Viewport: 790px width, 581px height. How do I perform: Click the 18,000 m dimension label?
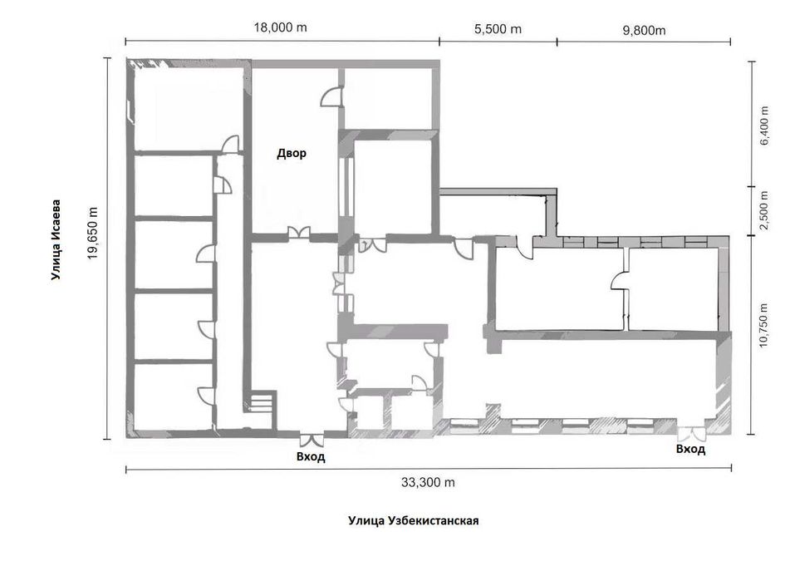pyautogui.click(x=280, y=27)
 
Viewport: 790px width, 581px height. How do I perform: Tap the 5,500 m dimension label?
pyautogui.click(x=498, y=29)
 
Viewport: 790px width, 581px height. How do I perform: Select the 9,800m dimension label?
pyautogui.click(x=644, y=30)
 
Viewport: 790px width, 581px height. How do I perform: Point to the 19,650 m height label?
pyautogui.click(x=93, y=233)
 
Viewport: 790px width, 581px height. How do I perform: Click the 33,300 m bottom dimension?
pyautogui.click(x=428, y=482)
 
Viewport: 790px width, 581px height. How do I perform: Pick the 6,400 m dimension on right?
pyautogui.click(x=764, y=125)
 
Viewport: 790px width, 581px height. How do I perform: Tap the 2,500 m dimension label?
pyautogui.click(x=764, y=210)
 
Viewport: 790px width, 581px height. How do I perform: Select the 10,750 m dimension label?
pyautogui.click(x=764, y=324)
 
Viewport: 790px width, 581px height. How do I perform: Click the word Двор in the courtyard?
pyautogui.click(x=292, y=153)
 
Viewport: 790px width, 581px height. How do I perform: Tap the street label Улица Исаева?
pyautogui.click(x=56, y=240)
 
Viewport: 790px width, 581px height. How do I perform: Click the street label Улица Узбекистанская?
pyautogui.click(x=413, y=520)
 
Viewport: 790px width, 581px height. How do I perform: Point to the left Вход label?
pyautogui.click(x=311, y=456)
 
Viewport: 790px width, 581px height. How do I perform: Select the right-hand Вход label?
pyautogui.click(x=690, y=449)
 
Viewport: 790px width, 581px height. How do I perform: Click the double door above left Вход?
pyautogui.click(x=311, y=440)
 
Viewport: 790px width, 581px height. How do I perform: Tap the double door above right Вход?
pyautogui.click(x=691, y=433)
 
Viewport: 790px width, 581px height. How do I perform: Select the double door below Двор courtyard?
pyautogui.click(x=298, y=232)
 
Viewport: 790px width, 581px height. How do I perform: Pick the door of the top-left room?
pyautogui.click(x=230, y=144)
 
